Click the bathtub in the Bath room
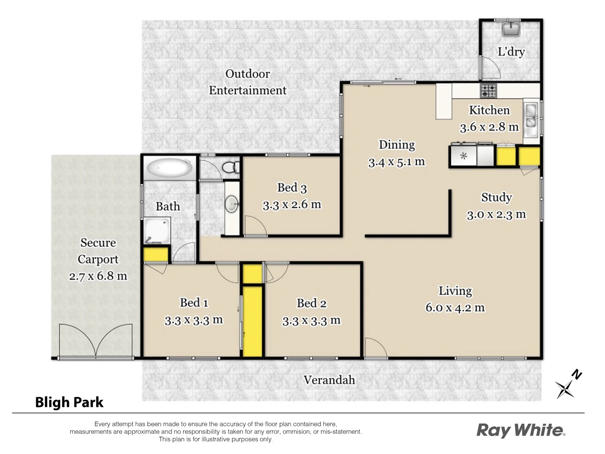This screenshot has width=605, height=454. (x=169, y=169)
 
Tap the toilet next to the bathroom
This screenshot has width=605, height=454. (x=229, y=167)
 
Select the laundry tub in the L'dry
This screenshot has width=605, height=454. (x=511, y=29)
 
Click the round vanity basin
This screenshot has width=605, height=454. (x=232, y=205)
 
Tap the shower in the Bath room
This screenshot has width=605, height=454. (x=157, y=230)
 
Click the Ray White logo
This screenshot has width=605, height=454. (x=521, y=430)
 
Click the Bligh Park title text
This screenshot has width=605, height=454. (x=69, y=402)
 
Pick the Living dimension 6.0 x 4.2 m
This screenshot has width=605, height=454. (x=455, y=308)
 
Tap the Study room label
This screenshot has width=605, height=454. (x=496, y=197)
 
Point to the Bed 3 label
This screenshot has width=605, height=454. (x=292, y=187)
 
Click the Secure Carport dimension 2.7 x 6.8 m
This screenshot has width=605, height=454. (x=98, y=276)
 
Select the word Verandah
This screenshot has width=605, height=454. (x=329, y=380)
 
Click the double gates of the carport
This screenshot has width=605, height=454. (x=96, y=340)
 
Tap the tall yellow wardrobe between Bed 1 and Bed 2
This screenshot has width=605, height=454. (x=253, y=321)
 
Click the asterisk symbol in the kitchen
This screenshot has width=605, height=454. (x=463, y=156)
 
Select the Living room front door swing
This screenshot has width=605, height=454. (x=375, y=348)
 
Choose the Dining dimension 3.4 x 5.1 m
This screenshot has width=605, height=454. (x=397, y=162)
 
